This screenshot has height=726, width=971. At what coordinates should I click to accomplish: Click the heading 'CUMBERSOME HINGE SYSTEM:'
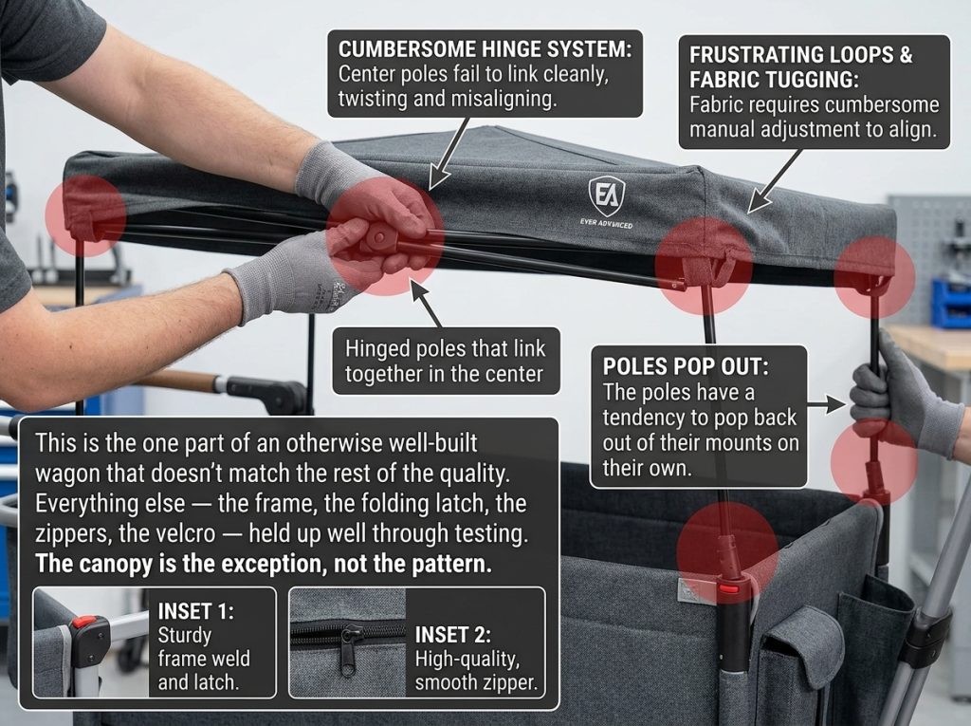(485, 49)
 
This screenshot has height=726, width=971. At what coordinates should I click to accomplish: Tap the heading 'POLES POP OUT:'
(686, 366)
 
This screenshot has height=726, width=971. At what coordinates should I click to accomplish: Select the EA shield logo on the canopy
(606, 195)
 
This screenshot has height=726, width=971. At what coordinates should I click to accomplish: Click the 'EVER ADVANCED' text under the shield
(606, 223)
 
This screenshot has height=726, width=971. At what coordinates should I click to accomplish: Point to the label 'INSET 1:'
(195, 611)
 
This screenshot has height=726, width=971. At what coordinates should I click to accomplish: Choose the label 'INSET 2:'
(452, 635)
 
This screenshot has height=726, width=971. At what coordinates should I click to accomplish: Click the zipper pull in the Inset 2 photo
(349, 650)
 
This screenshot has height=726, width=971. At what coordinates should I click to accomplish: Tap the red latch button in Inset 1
(84, 622)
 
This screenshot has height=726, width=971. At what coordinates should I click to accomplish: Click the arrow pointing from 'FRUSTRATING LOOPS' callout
(775, 180)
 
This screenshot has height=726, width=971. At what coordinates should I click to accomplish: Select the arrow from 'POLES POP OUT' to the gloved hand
(826, 405)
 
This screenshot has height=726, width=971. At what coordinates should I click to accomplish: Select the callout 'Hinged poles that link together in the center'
(446, 362)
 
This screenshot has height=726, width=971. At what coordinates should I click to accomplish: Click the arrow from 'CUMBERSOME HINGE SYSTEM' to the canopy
(449, 153)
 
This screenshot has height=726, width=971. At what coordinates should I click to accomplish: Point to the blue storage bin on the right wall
(951, 303)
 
